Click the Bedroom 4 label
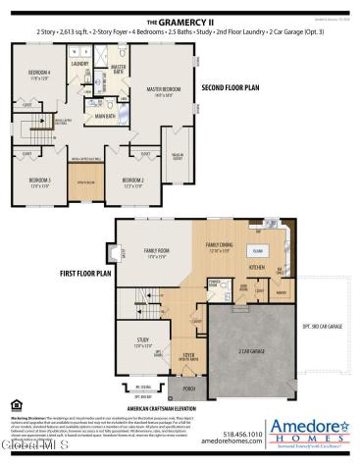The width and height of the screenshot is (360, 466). [38, 76]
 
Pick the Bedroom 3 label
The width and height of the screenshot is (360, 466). [39, 181]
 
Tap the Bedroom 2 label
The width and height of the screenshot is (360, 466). [133, 181]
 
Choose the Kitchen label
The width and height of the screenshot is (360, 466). [257, 267]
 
